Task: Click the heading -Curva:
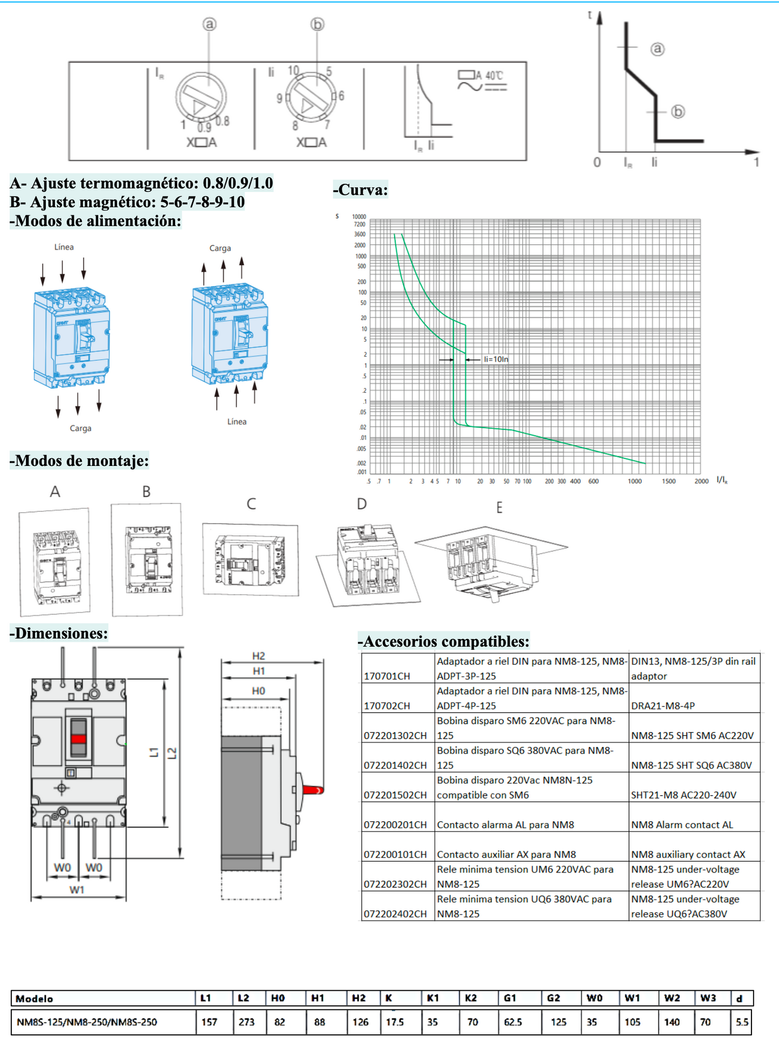[360, 190]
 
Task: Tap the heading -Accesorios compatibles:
[443, 641]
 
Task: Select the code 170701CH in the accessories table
[387, 676]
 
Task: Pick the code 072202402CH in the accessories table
[395, 913]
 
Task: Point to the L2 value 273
[246, 1022]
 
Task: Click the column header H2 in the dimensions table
[359, 998]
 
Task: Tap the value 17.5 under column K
[395, 1022]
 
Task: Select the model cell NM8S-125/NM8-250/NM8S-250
[87, 1022]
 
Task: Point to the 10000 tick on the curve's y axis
[359, 217]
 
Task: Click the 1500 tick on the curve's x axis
[668, 481]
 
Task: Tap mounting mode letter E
[499, 507]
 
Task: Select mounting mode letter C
[251, 504]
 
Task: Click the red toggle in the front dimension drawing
[79, 739]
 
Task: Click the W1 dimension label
[77, 890]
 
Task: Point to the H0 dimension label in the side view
[258, 691]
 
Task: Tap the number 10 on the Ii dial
[293, 71]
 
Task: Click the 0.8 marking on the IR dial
[222, 121]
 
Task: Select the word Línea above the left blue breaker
[64, 247]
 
